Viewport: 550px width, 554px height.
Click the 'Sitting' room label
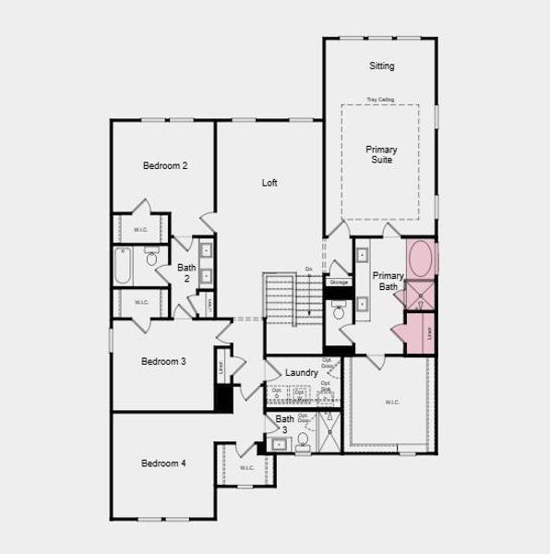pos(381,66)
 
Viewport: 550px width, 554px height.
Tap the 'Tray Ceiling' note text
pos(379,99)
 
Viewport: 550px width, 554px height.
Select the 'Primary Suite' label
pos(380,154)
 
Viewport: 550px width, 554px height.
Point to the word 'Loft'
pos(269,183)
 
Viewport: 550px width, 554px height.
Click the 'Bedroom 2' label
pos(165,166)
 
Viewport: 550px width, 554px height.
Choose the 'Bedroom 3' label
pos(163,361)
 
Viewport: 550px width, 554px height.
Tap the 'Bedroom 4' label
pos(163,464)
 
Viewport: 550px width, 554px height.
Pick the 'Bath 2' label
pos(186,272)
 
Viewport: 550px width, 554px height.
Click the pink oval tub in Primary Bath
pos(422,259)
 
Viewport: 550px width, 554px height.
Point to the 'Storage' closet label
pos(339,282)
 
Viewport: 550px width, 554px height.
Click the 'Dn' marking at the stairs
pos(309,269)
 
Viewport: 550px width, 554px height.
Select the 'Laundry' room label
pos(302,372)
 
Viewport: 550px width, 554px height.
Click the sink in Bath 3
pos(280,445)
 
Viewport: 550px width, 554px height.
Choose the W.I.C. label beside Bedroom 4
pos(246,467)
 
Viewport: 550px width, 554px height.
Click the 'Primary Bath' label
pos(388,281)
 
